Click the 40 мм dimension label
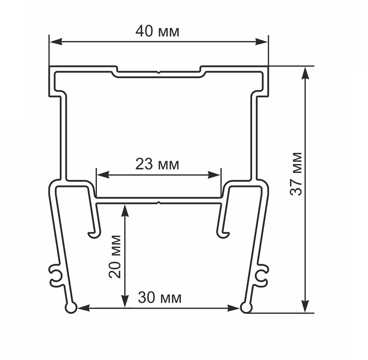[157, 31]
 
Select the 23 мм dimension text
[157, 165]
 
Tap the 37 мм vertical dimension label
[296, 174]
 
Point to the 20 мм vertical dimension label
[115, 257]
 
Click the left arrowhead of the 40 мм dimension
[55, 42]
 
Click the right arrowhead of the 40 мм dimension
[262, 42]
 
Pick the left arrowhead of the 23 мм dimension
[103, 175]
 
